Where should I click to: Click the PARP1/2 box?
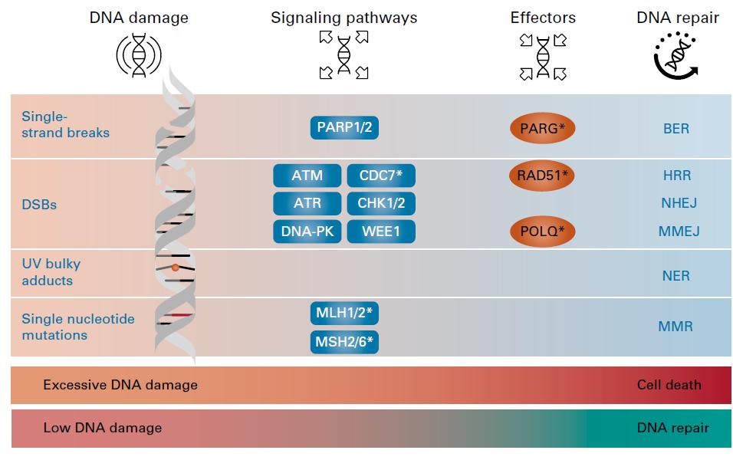pyautogui.click(x=344, y=128)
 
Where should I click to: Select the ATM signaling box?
pyautogui.click(x=307, y=176)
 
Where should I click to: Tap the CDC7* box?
pyautogui.click(x=381, y=176)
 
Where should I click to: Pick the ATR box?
pyautogui.click(x=307, y=203)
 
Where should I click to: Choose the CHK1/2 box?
pyautogui.click(x=381, y=203)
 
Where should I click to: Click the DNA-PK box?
pyautogui.click(x=307, y=231)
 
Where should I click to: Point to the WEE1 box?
pyautogui.click(x=381, y=231)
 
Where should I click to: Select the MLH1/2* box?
pyautogui.click(x=344, y=313)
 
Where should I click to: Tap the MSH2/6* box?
pyautogui.click(x=344, y=340)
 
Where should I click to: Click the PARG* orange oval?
pyautogui.click(x=542, y=129)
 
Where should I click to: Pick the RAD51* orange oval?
pyautogui.click(x=542, y=176)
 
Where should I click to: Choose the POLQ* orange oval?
pyautogui.click(x=542, y=231)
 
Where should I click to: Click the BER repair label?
pyautogui.click(x=675, y=129)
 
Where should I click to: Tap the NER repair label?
pyautogui.click(x=675, y=275)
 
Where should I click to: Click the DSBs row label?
pyautogui.click(x=39, y=205)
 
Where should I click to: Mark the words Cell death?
pyautogui.click(x=669, y=385)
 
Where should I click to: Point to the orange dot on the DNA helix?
pyautogui.click(x=176, y=268)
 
